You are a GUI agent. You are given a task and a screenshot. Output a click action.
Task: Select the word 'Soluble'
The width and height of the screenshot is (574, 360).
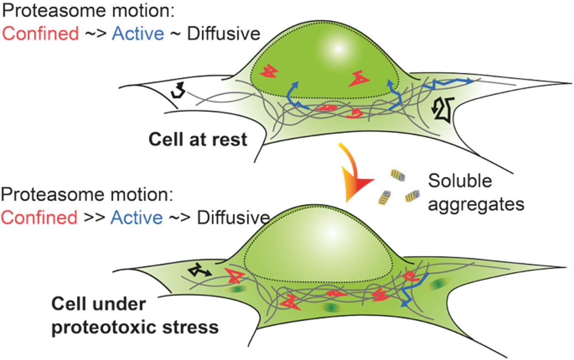[x=460, y=181]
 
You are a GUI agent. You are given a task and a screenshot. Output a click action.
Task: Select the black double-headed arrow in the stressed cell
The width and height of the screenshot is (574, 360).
[x=199, y=271]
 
